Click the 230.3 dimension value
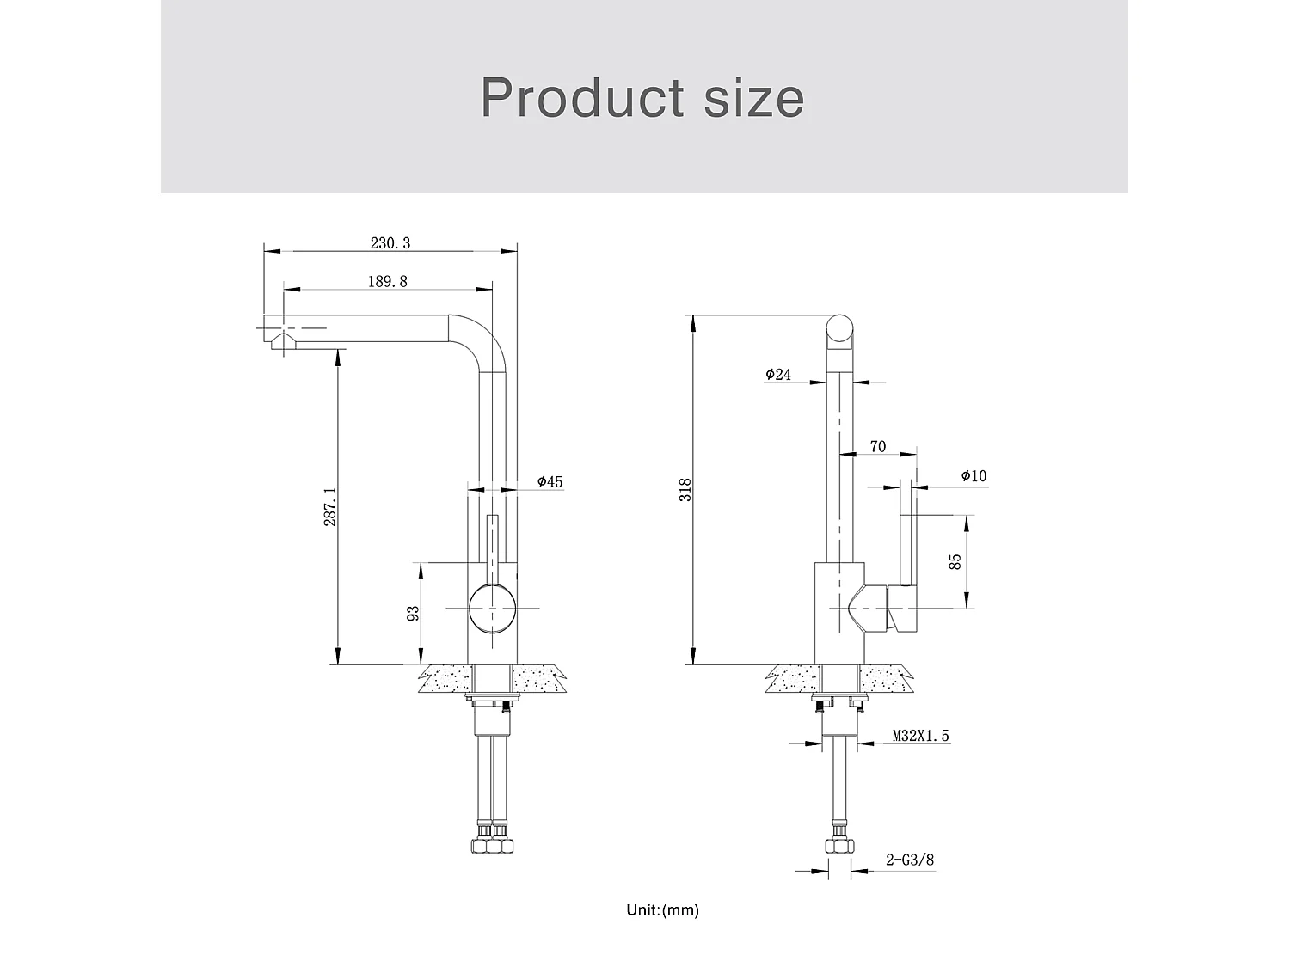coord(390,242)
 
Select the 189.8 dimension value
coord(387,281)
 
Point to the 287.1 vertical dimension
coord(330,508)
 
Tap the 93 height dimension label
coord(413,613)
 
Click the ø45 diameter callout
coord(550,481)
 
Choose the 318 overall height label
coord(685,489)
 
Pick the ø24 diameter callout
coord(777,374)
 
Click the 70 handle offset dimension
coord(877,446)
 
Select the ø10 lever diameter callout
coord(974,475)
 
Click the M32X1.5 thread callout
coord(920,736)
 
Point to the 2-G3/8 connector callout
coord(910,860)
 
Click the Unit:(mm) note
coord(662,909)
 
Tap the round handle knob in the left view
coord(493,608)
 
